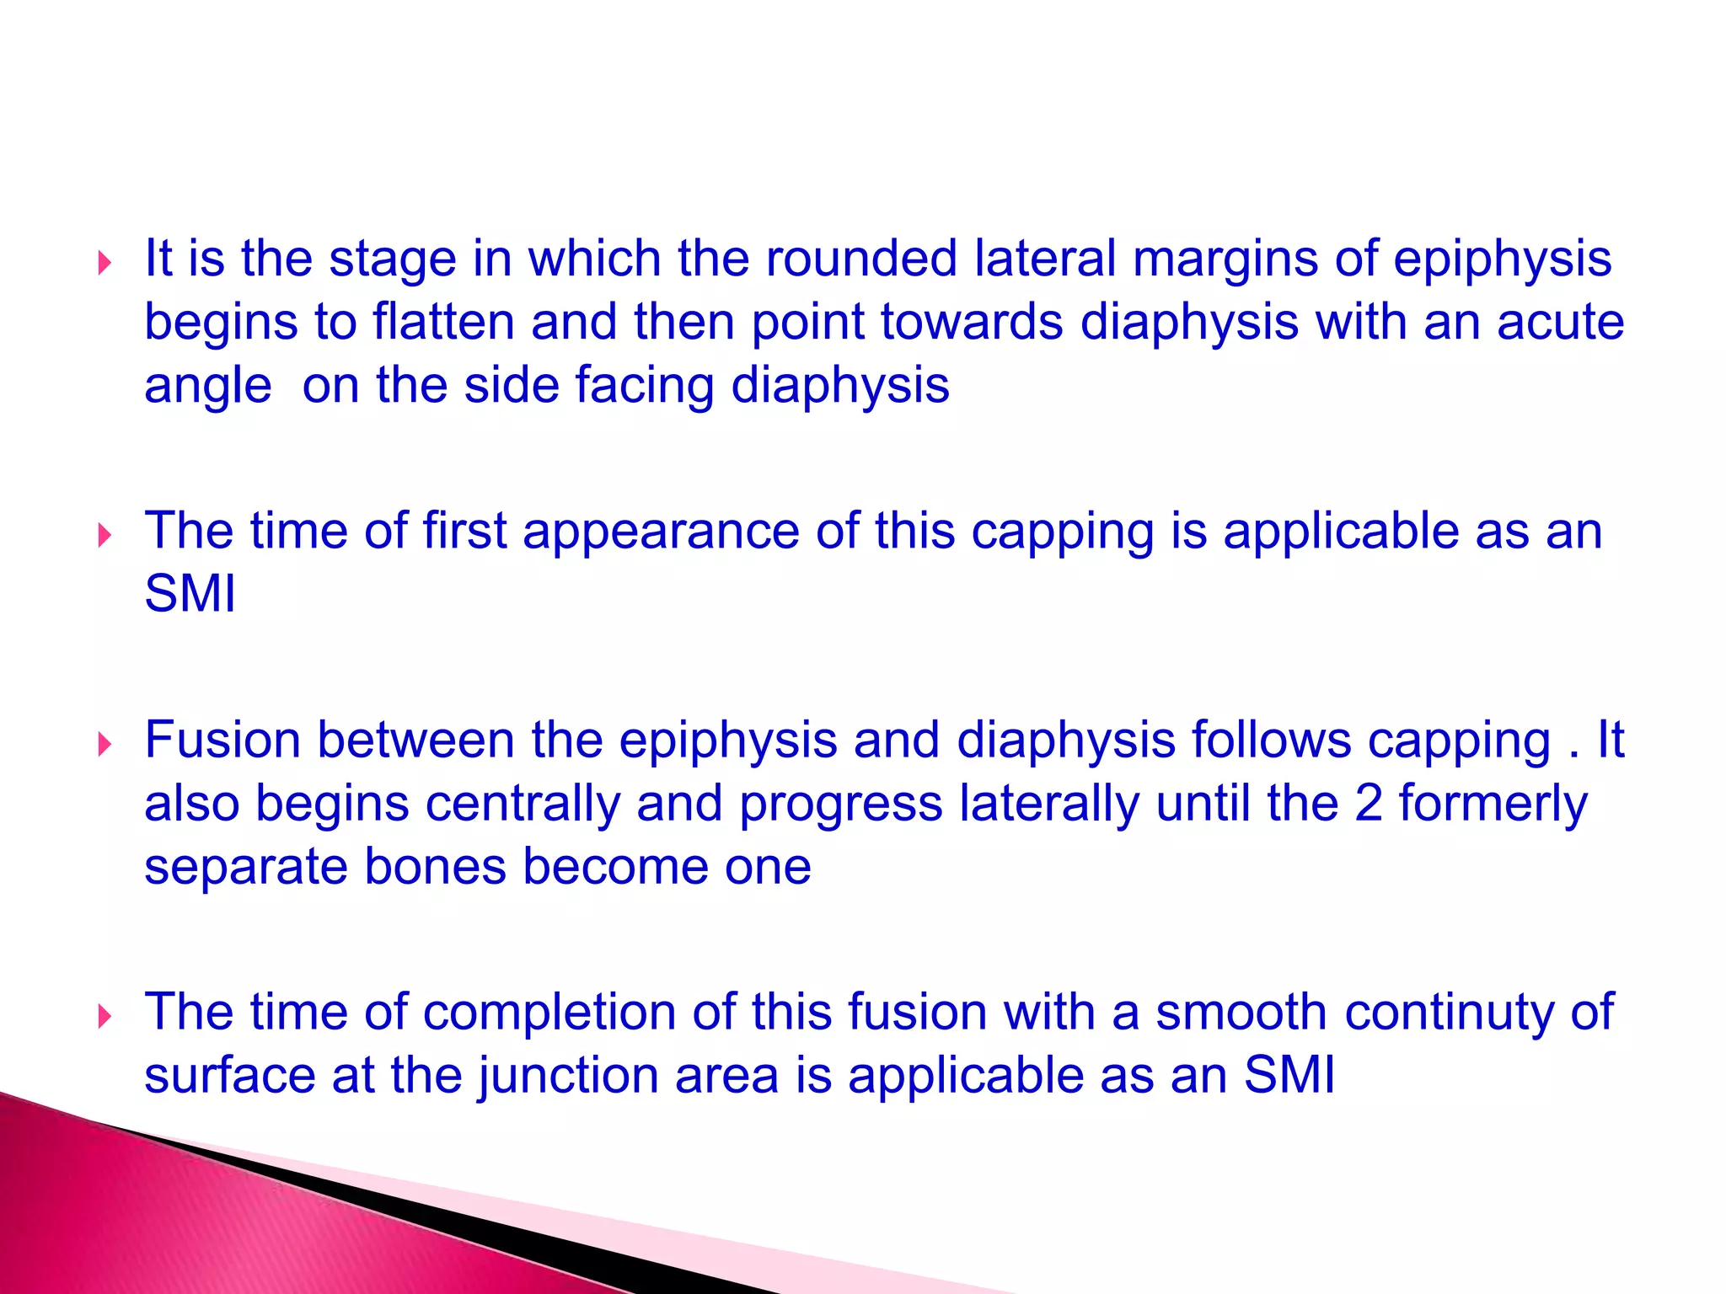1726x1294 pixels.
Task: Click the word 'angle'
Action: click(x=207, y=388)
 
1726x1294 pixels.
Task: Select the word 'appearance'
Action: click(x=660, y=532)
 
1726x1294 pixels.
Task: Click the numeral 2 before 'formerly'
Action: click(x=1368, y=804)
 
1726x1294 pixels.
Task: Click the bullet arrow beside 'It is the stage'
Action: click(x=105, y=264)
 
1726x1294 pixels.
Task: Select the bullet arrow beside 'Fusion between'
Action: click(x=105, y=745)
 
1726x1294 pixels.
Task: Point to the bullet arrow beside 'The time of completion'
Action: click(x=105, y=1017)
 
